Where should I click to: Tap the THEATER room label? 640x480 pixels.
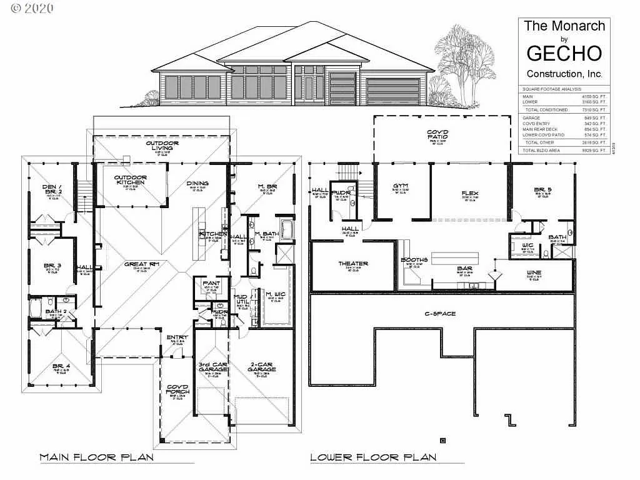353,264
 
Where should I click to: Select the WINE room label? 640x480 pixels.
533,272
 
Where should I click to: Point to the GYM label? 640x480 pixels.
401,186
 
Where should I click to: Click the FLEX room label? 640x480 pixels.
470,193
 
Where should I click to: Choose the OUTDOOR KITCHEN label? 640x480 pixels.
130,180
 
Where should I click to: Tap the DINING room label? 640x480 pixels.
197,183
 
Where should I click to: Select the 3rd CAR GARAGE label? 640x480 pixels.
212,367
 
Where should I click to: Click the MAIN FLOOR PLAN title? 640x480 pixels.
96,457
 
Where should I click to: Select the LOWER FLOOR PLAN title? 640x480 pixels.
373,457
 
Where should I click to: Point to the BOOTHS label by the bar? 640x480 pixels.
414,260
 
